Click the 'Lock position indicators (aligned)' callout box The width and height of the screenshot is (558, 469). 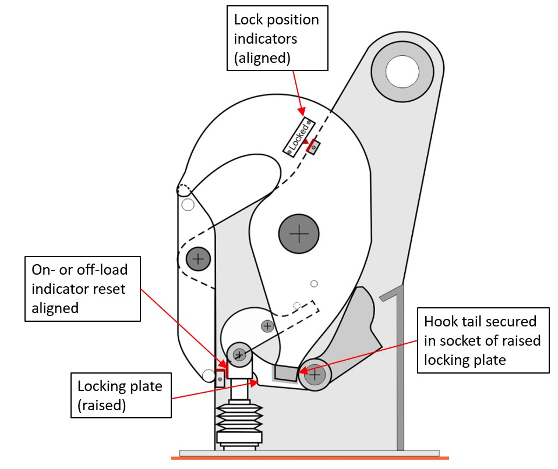[277, 38]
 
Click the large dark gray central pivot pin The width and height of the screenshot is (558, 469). [299, 234]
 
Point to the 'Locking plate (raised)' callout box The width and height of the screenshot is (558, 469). [121, 396]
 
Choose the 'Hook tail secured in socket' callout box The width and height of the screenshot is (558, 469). [483, 340]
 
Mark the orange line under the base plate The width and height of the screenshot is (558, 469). [309, 459]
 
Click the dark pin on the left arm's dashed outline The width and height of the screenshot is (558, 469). [199, 258]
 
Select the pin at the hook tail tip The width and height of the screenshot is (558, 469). [315, 375]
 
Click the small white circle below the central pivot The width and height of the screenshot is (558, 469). [314, 284]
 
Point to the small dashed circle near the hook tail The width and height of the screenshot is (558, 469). [296, 306]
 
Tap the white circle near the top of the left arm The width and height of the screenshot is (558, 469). [188, 205]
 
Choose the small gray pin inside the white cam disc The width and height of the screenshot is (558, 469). [267, 326]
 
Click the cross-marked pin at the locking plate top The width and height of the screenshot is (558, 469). [239, 354]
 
